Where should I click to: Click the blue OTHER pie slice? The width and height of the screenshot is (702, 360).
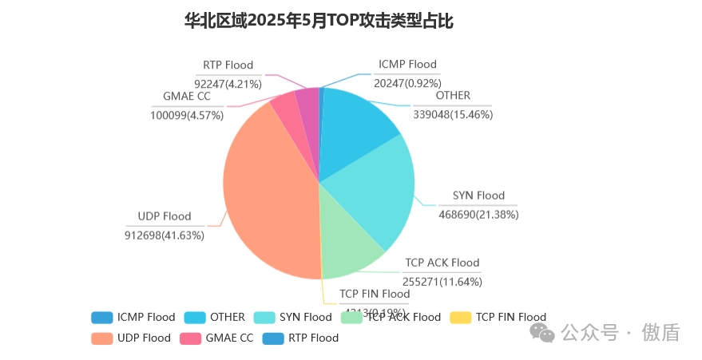[x=356, y=128]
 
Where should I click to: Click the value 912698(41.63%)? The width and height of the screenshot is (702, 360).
[x=165, y=235]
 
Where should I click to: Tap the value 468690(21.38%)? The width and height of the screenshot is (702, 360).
[x=478, y=214]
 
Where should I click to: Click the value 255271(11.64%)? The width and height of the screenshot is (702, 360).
[x=442, y=281]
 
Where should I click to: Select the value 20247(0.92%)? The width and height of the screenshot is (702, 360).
[x=407, y=82]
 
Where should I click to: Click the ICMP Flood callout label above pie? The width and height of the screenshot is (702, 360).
[x=407, y=64]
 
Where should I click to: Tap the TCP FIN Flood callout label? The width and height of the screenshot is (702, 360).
[x=375, y=294]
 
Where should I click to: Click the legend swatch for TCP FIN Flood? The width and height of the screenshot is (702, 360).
[x=461, y=317]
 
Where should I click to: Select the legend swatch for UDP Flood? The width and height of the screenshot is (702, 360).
[x=101, y=338]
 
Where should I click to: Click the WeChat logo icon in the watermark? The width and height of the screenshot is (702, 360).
[x=545, y=332]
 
